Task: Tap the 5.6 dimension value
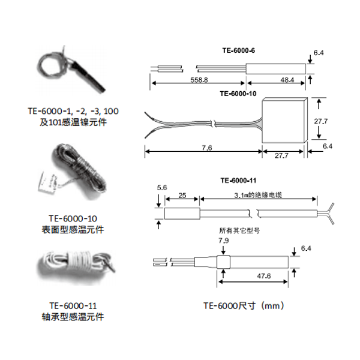pyautogui.click(x=160, y=188)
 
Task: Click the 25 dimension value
pyautogui.click(x=182, y=195)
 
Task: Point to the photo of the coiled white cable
pyautogui.click(x=73, y=265)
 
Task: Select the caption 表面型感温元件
pyautogui.click(x=72, y=229)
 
